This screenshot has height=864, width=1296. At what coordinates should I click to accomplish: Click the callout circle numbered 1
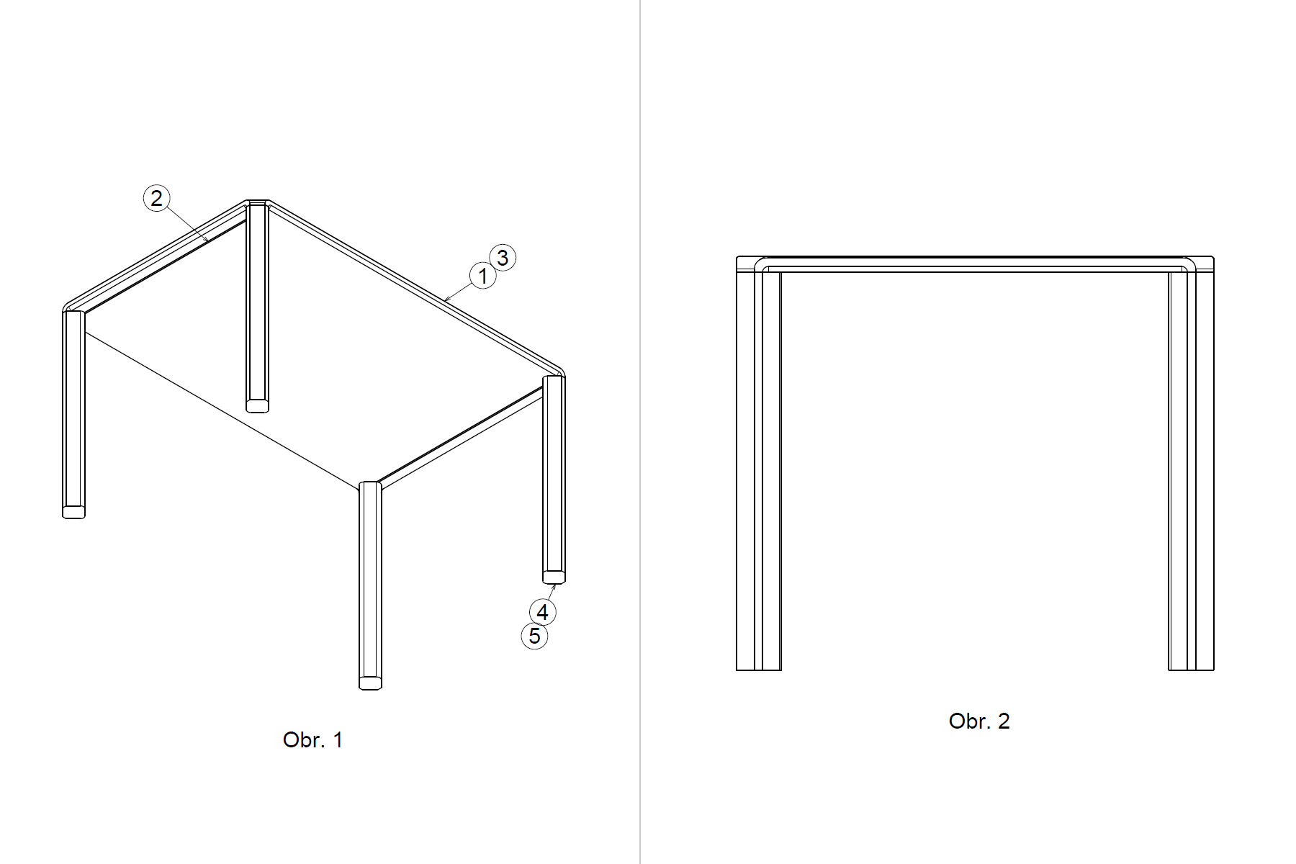[482, 276]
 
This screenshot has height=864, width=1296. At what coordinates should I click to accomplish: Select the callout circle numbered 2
[157, 198]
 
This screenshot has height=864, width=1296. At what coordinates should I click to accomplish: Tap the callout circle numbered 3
[503, 258]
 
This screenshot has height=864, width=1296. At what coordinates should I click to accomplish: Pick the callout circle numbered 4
[542, 612]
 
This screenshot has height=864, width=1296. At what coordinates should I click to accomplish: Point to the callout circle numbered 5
[534, 636]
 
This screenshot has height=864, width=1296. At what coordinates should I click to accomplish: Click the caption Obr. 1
[313, 740]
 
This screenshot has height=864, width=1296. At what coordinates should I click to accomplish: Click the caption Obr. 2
[979, 721]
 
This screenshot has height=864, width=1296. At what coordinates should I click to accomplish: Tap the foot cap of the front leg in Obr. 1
[370, 683]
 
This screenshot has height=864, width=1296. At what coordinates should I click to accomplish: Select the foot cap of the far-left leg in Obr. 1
[74, 512]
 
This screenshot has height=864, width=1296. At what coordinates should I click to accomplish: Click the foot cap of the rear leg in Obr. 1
[257, 406]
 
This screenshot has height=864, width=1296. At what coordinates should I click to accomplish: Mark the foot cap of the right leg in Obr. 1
[554, 577]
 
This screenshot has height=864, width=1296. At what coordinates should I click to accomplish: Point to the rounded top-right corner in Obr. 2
[1198, 264]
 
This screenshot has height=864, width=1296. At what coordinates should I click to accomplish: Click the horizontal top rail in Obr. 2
[975, 264]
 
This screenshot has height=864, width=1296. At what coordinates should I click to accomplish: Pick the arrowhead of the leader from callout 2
[206, 239]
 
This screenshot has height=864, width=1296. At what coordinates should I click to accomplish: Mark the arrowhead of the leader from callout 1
[447, 298]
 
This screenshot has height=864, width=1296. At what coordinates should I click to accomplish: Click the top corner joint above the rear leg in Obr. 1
[257, 204]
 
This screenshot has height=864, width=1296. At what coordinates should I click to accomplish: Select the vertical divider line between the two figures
[640, 432]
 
